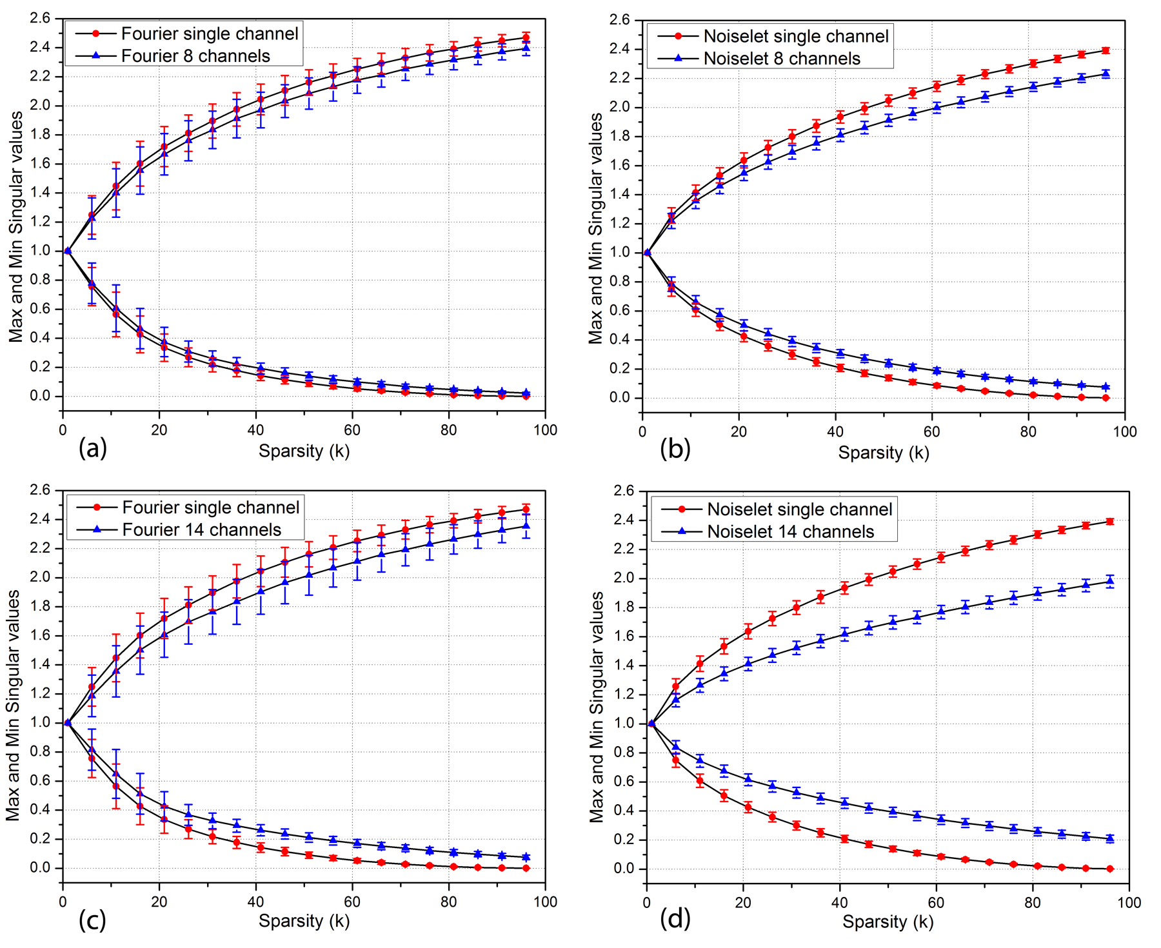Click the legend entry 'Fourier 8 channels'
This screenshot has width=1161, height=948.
point(195,56)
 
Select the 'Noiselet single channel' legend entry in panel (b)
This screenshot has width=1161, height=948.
point(795,36)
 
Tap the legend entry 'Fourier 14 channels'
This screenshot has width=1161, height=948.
point(201,529)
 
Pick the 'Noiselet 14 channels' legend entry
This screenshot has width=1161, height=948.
point(790,531)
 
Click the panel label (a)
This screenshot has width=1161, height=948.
point(92,448)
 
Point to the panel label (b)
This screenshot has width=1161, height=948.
point(675,448)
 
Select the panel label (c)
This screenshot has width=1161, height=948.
point(92,920)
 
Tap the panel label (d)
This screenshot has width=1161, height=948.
point(675,918)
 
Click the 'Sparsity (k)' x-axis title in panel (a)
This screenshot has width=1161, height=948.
point(304,451)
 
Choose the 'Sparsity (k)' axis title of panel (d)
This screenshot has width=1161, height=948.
point(888,922)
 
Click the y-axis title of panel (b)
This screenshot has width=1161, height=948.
point(595,229)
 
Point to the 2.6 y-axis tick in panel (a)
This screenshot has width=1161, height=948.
point(40,18)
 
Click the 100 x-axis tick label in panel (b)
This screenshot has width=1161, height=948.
point(1124,432)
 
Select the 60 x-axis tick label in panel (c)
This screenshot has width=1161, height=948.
point(352,902)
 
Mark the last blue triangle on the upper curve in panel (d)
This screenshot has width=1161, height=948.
point(1110,581)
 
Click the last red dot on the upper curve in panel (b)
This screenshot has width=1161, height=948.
point(1106,50)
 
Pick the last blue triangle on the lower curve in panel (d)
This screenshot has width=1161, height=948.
point(1110,838)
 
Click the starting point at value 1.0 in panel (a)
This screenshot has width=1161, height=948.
point(68,251)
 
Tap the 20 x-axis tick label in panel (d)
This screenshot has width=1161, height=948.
point(743,903)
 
